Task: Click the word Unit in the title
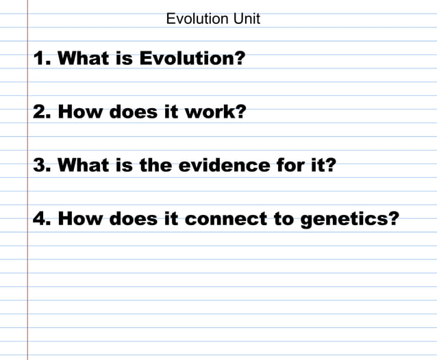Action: point(247,18)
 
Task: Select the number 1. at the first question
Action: point(42,58)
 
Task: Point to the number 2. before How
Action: point(42,112)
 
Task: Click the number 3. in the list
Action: point(42,165)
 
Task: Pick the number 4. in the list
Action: point(42,219)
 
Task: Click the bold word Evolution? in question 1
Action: point(192,58)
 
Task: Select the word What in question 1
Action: point(80,58)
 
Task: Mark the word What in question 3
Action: point(80,165)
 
